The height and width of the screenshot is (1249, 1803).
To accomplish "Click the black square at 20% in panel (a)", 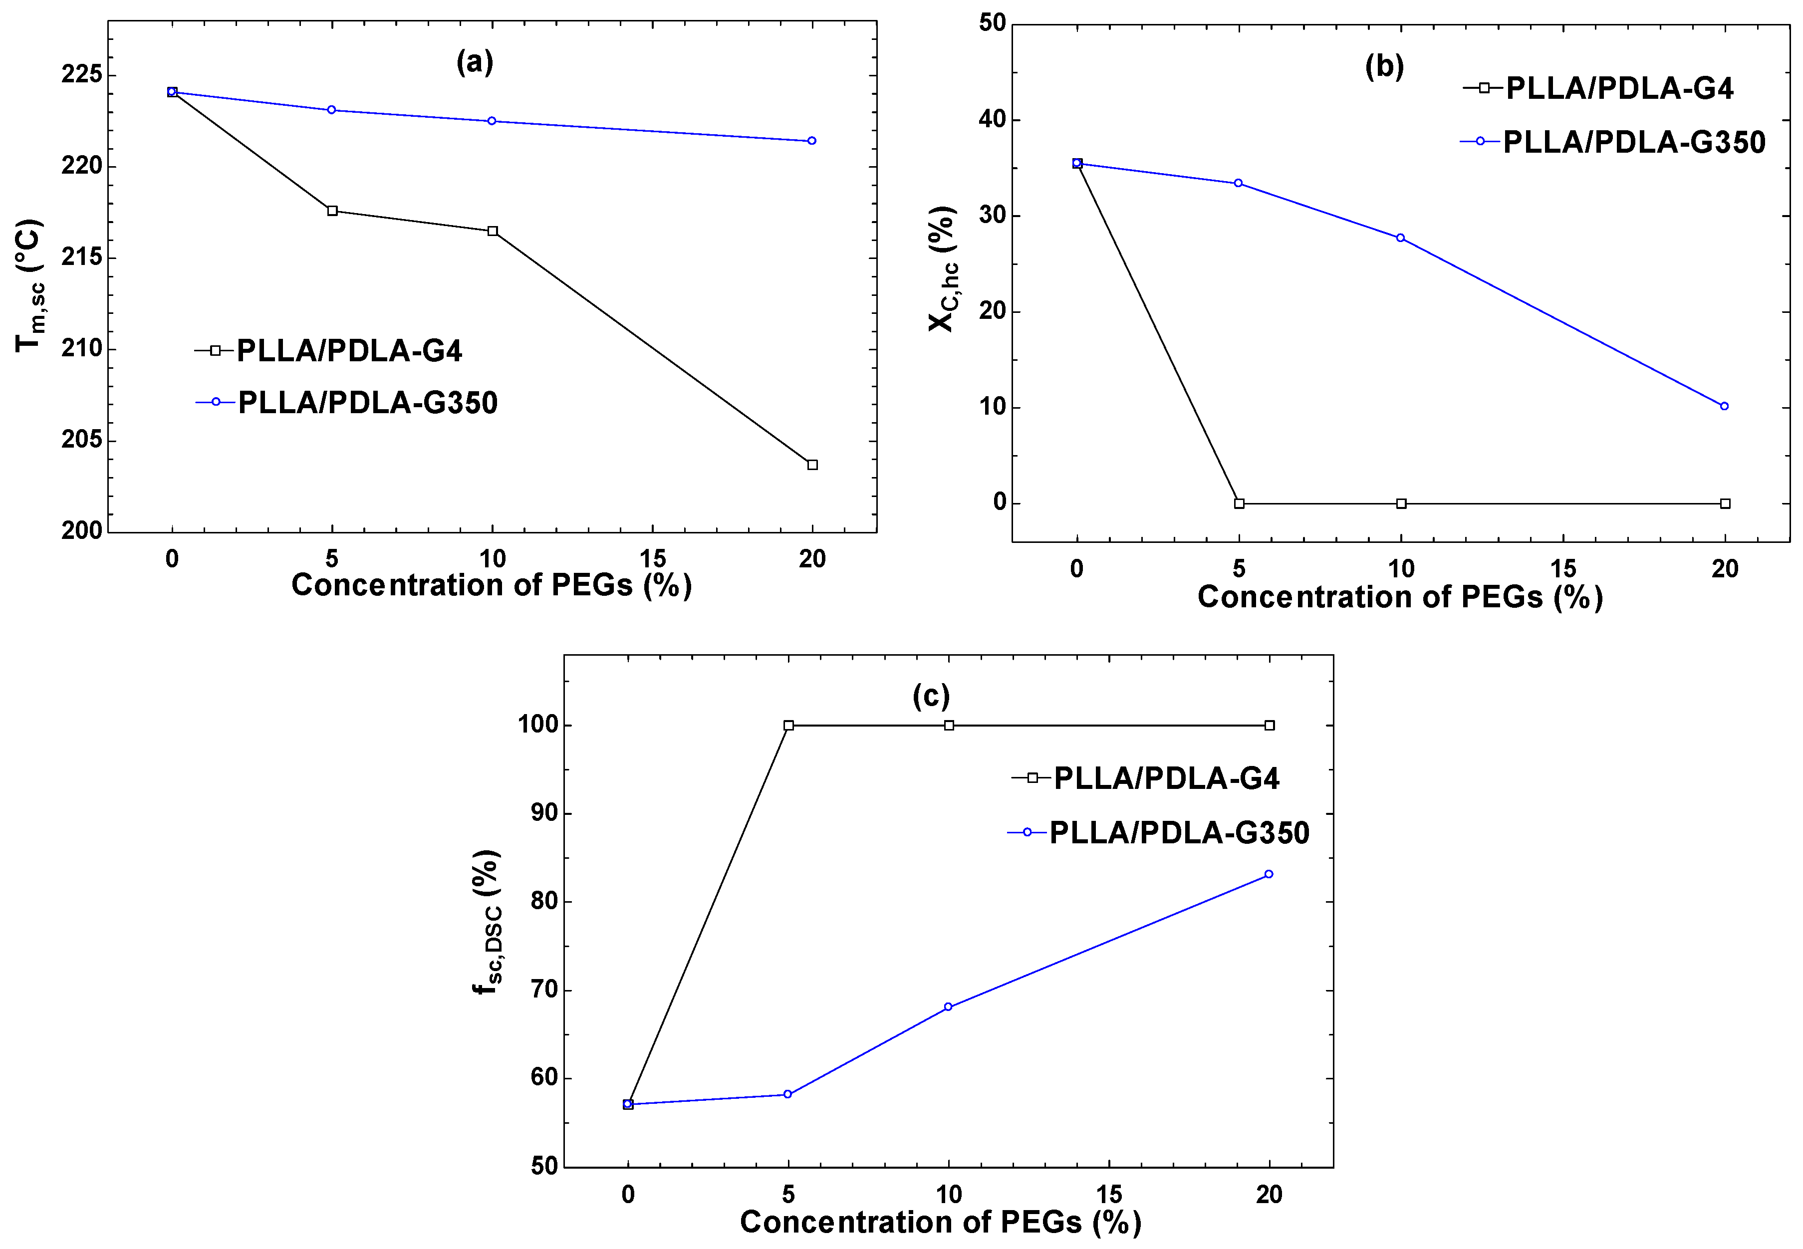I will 812,465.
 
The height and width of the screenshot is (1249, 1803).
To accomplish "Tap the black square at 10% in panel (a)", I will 492,231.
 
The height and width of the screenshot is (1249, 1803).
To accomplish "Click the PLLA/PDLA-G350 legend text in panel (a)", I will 368,402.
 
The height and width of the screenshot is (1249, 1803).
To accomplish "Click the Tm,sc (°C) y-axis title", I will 30,285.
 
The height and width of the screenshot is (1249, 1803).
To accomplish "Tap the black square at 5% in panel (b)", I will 1239,503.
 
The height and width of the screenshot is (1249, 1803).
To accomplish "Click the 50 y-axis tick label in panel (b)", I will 992,23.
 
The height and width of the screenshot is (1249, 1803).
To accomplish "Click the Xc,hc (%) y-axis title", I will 943,268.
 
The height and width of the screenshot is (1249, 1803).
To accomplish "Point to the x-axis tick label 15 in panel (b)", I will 1563,569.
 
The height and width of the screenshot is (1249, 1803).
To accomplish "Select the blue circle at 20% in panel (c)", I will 1269,874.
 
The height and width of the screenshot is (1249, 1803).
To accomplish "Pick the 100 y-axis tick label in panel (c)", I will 538,725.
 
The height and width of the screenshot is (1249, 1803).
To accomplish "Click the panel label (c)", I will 931,696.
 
